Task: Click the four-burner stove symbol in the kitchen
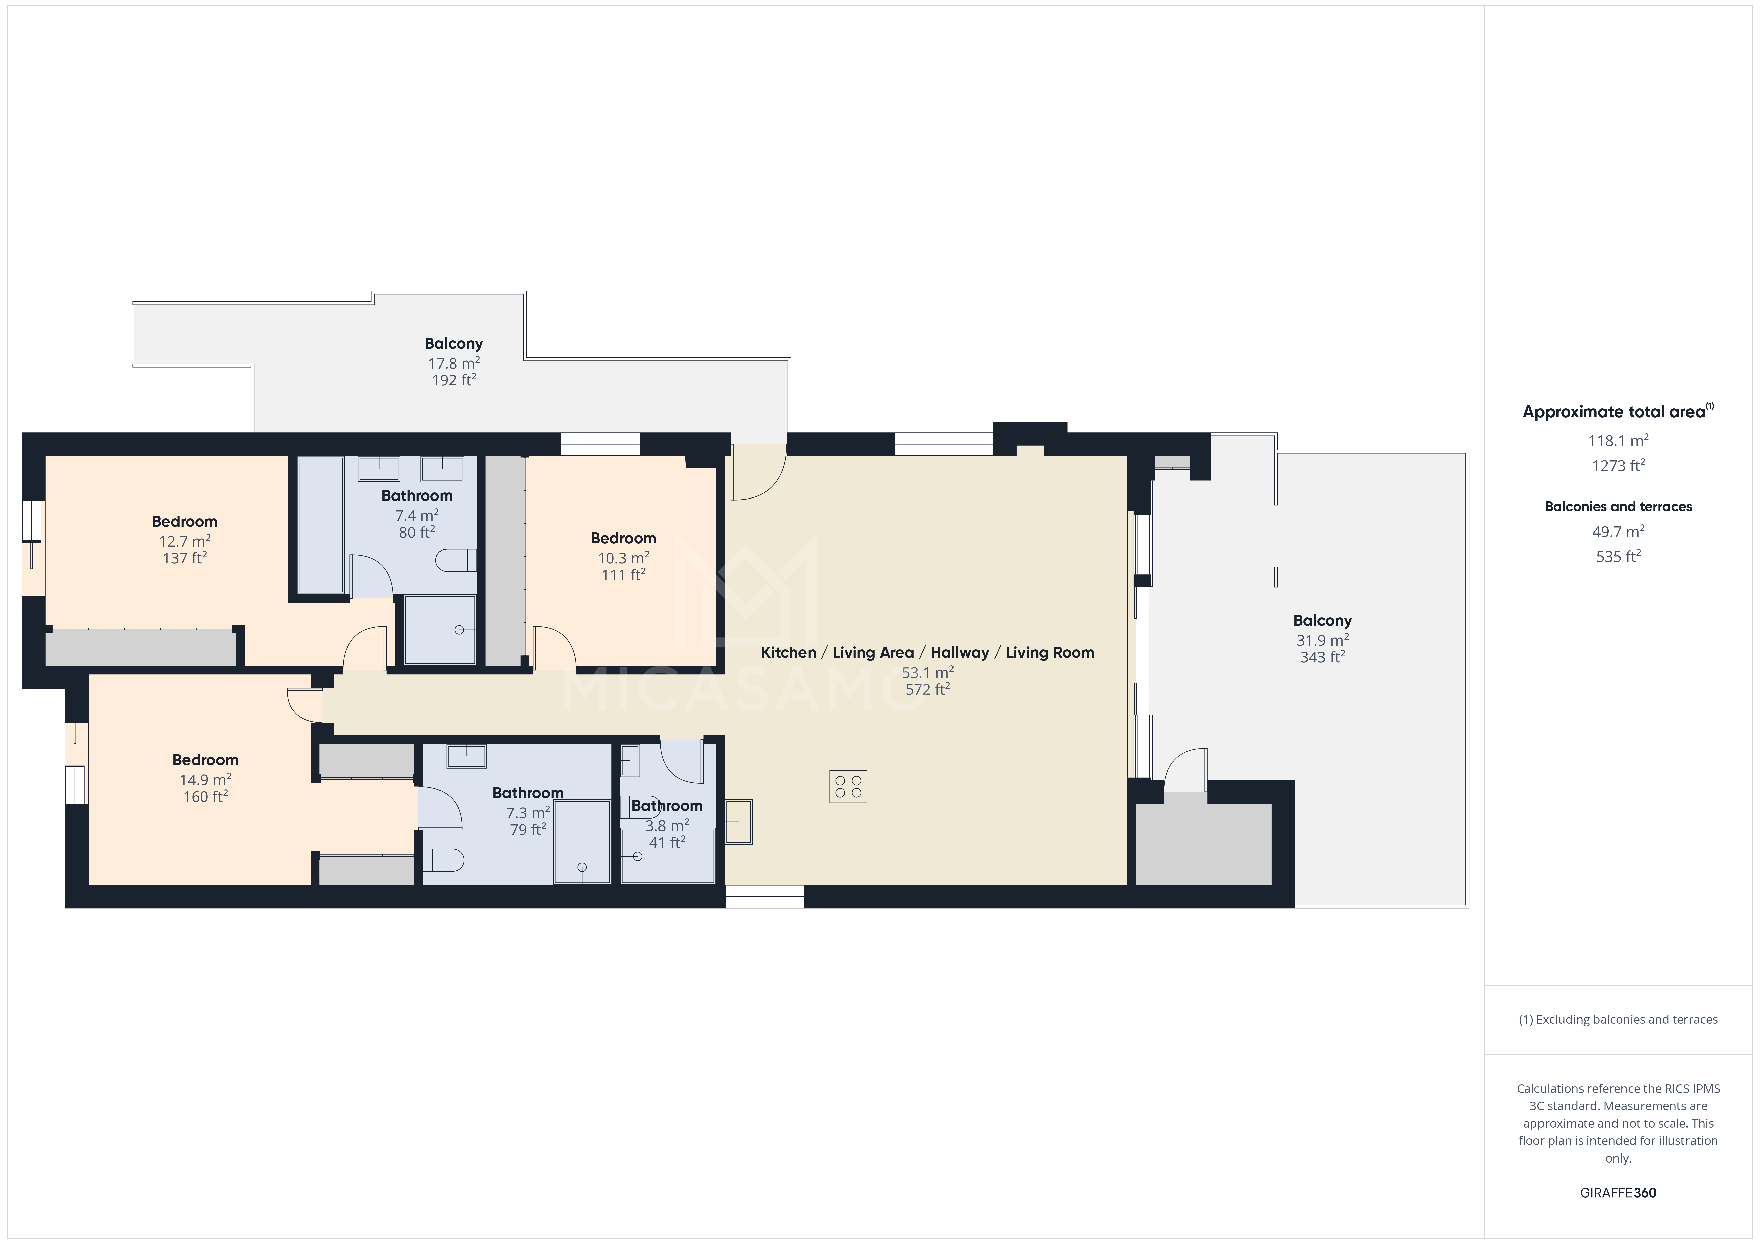[x=848, y=786]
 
